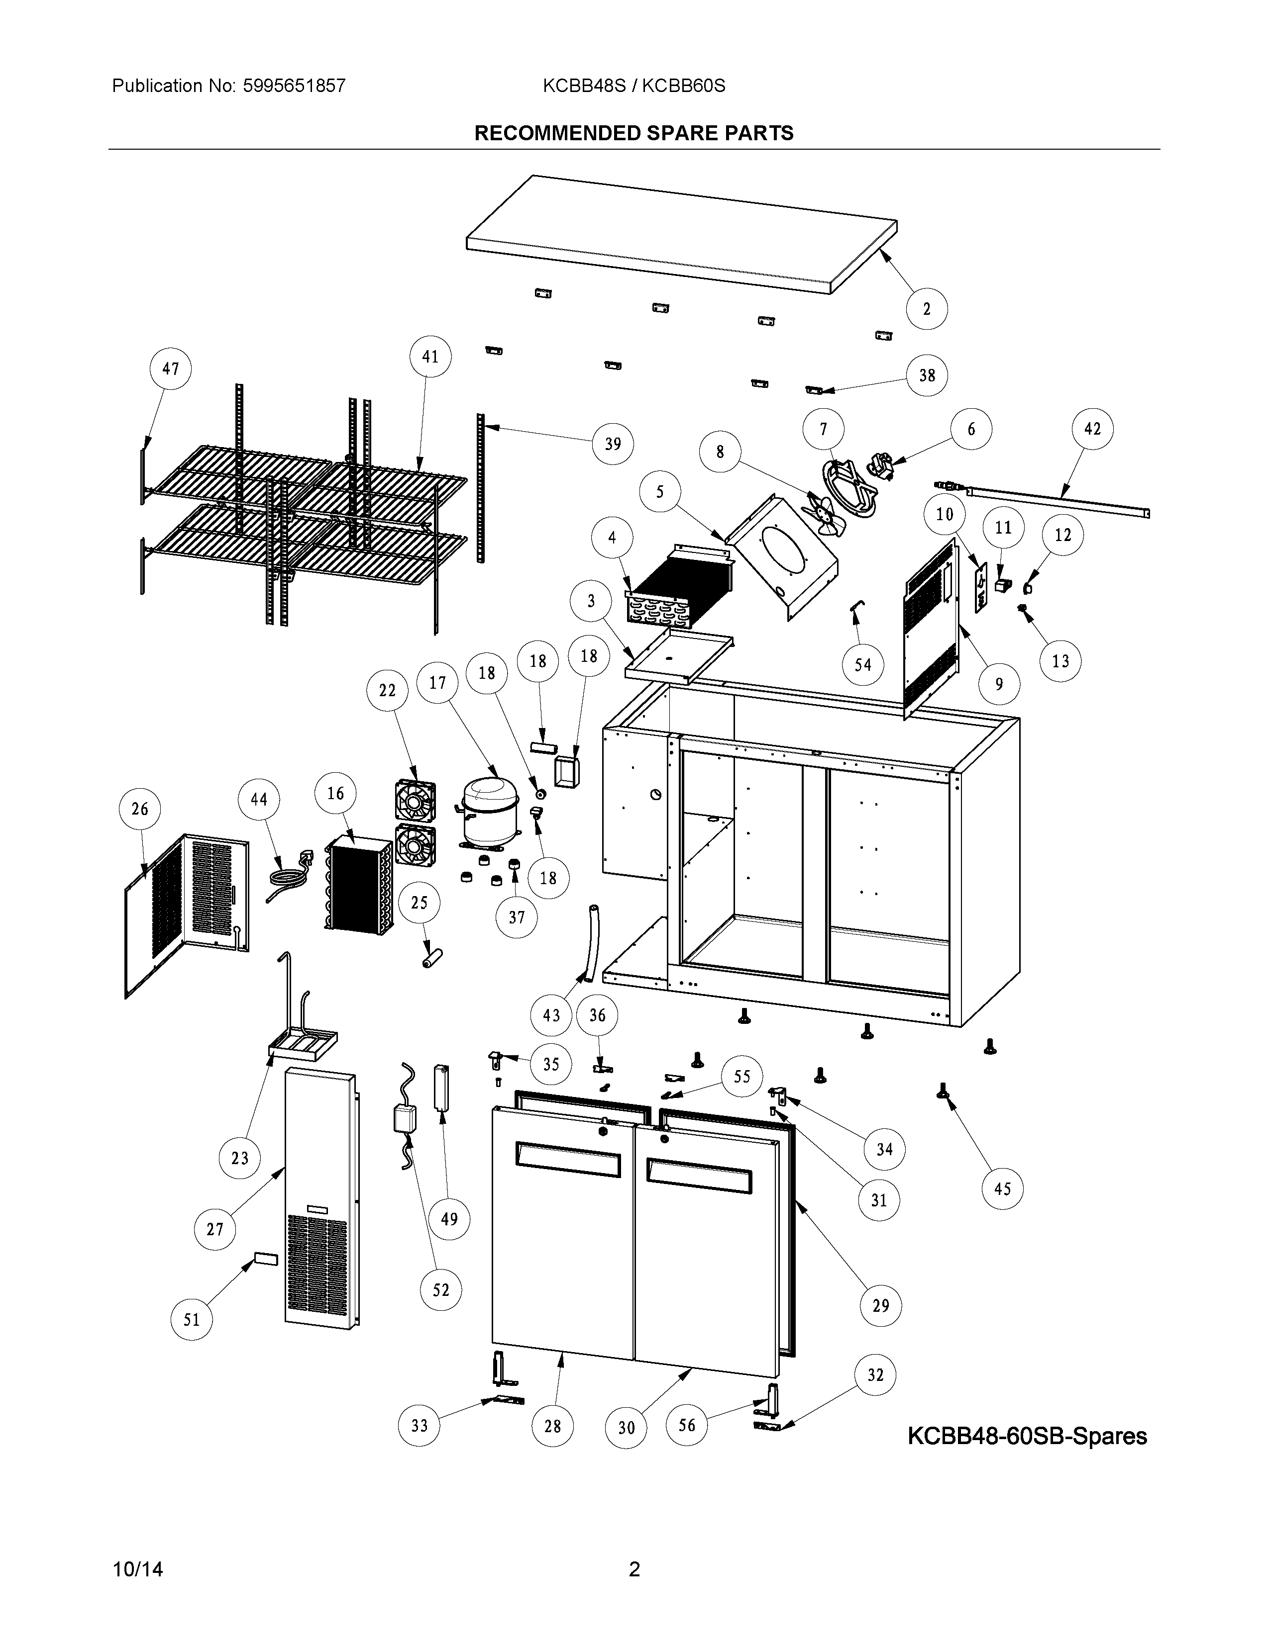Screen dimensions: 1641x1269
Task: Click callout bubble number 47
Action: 171,369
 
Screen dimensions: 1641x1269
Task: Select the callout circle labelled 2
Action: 926,309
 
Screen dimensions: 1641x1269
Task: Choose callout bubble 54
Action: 862,664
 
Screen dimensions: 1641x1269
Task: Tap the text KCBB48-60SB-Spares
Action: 1027,1436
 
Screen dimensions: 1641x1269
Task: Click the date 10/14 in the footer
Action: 137,1569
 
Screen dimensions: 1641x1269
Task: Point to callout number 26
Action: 140,809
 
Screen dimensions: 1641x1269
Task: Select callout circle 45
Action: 1002,1188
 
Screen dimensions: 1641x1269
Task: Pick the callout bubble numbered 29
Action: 880,1305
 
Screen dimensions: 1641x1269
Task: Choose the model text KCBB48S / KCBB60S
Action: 634,86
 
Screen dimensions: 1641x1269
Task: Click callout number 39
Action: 613,444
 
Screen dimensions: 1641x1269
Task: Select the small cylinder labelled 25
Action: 433,959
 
